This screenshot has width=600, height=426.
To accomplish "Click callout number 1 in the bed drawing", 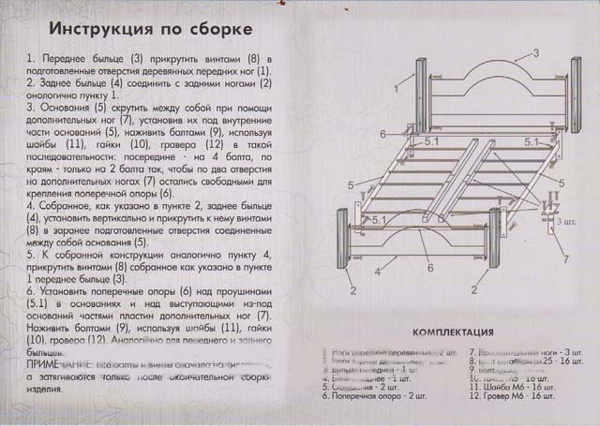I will pyautogui.click(x=397, y=89).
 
